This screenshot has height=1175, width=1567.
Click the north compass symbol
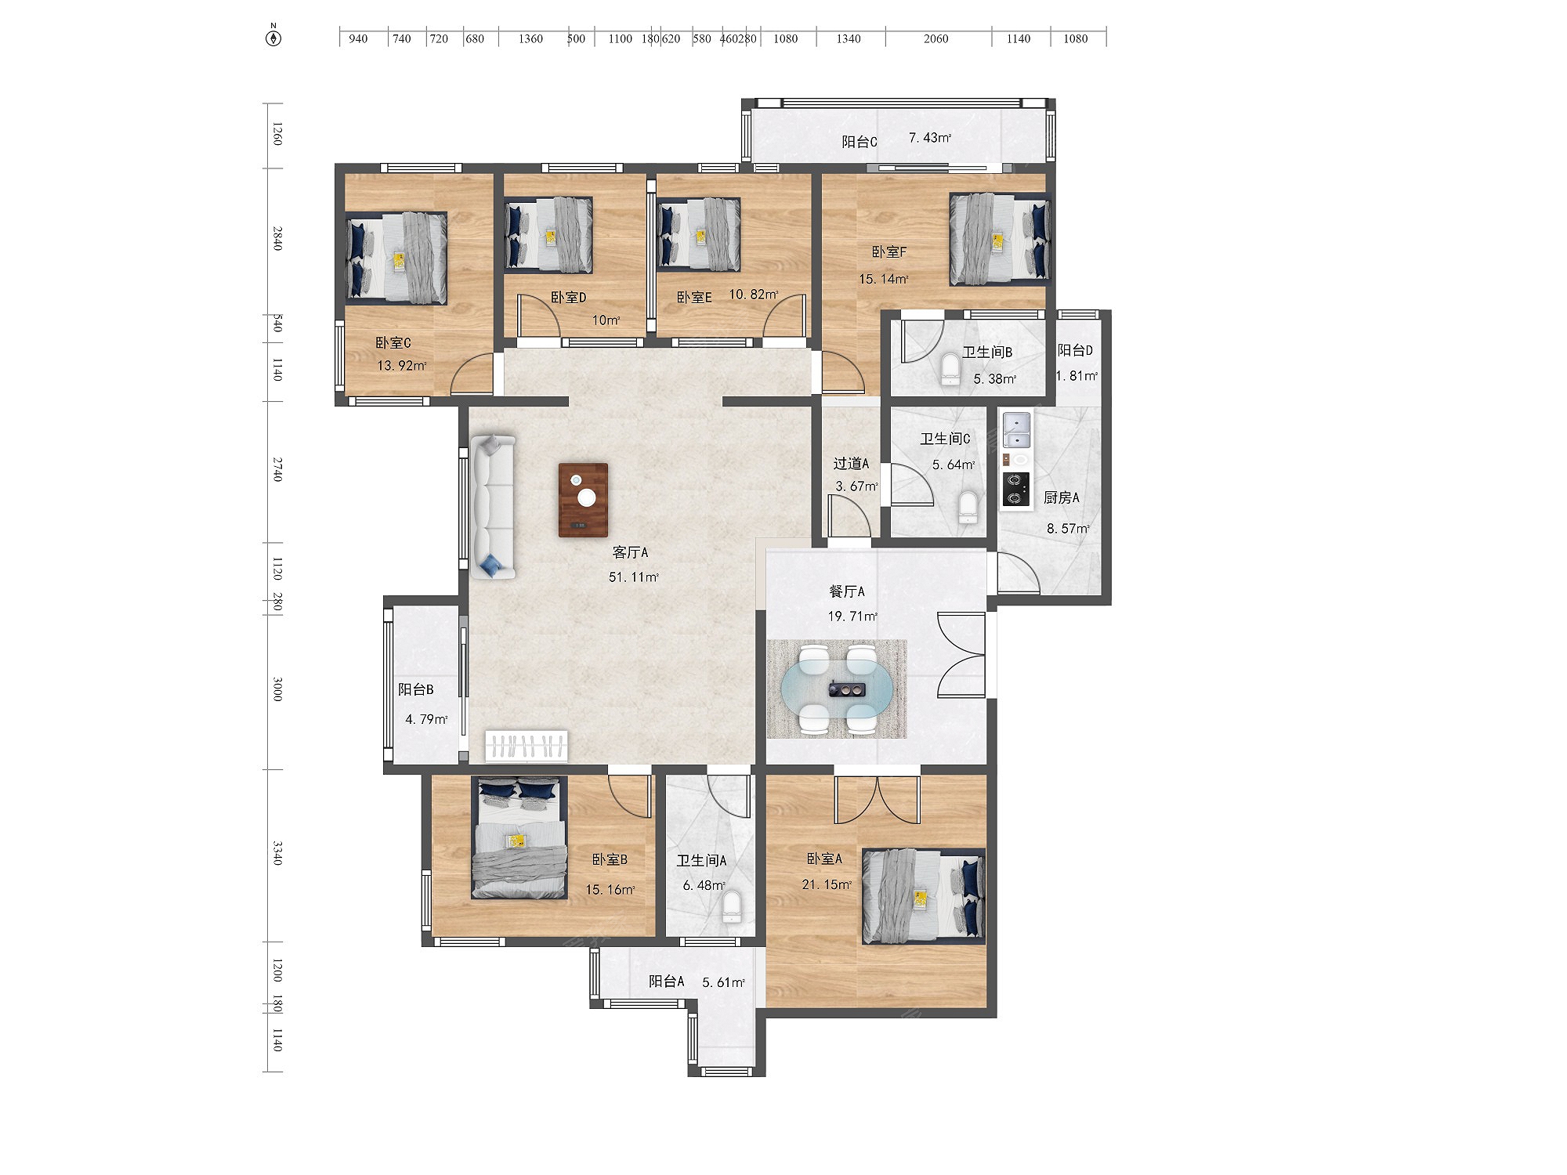pyautogui.click(x=273, y=36)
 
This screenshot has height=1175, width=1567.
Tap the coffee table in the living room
pyautogui.click(x=583, y=501)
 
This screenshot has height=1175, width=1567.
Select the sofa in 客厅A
pyautogui.click(x=492, y=507)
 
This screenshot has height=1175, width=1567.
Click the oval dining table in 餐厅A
pyautogui.click(x=837, y=689)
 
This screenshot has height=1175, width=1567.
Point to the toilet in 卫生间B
pyautogui.click(x=950, y=369)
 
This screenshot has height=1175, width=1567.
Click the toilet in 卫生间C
pyautogui.click(x=969, y=507)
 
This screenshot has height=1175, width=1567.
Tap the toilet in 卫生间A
pyautogui.click(x=732, y=906)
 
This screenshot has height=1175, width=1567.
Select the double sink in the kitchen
pyautogui.click(x=1016, y=430)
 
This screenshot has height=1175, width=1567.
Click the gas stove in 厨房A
pyautogui.click(x=1016, y=490)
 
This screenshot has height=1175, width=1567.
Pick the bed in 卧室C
pyautogui.click(x=397, y=258)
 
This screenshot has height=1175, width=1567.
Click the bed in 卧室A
pyautogui.click(x=924, y=896)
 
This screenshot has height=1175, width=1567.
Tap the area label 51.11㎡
pyautogui.click(x=634, y=577)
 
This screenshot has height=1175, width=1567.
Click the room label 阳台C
pyautogui.click(x=859, y=142)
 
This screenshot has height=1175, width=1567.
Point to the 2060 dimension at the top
pyautogui.click(x=935, y=38)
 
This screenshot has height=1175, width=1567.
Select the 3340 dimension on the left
pyautogui.click(x=277, y=853)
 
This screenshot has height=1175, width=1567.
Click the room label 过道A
pyautogui.click(x=851, y=464)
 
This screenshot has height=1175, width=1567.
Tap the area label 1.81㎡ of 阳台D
pyautogui.click(x=1077, y=376)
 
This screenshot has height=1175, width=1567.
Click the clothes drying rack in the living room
pyautogui.click(x=527, y=746)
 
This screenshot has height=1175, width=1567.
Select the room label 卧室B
pyautogui.click(x=610, y=860)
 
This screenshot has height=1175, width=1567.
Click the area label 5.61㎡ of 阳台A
pyautogui.click(x=723, y=982)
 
